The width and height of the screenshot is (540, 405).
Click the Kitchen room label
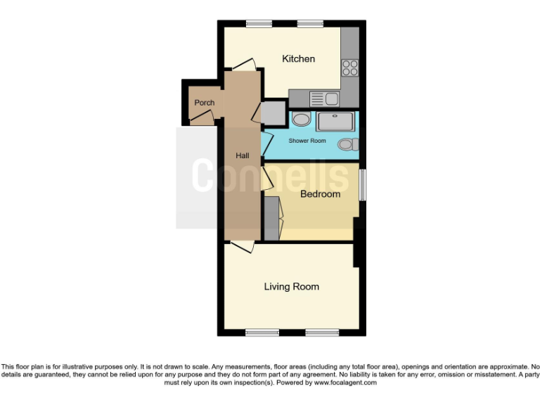point(298,58)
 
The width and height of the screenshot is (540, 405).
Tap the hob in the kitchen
point(349,68)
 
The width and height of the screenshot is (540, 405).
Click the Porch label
point(204,103)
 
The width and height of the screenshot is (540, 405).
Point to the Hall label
point(242,155)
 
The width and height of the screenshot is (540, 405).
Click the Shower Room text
point(307,141)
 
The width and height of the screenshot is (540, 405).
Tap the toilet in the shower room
point(347,144)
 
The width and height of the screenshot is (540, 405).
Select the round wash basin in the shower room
point(301,120)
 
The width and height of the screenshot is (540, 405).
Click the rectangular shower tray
point(337,122)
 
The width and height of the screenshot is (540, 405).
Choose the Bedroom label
point(320,194)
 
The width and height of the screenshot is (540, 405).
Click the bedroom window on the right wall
point(362,186)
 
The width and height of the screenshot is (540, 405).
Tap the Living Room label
point(291,286)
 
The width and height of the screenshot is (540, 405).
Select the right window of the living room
point(322,332)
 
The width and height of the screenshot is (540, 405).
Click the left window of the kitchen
point(259,24)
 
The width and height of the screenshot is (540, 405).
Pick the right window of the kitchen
point(309,24)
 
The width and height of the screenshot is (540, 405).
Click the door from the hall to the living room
point(242,246)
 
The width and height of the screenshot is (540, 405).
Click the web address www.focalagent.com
point(345,382)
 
